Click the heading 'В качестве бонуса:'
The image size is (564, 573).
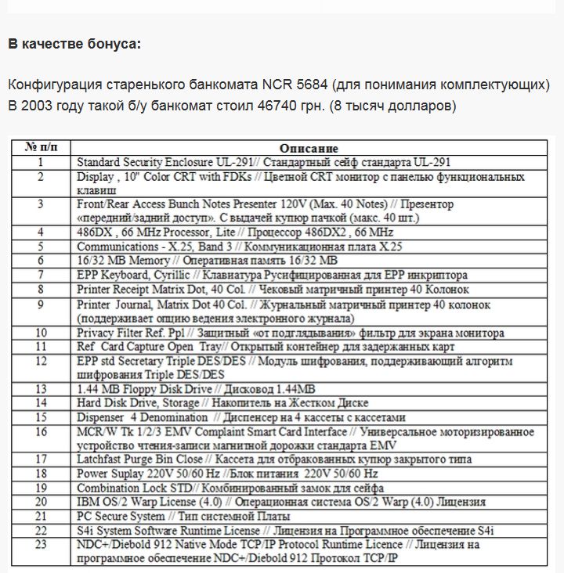(x=74, y=44)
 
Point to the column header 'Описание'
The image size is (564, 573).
(x=308, y=148)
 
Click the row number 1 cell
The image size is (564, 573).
(x=42, y=161)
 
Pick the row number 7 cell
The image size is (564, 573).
(x=42, y=275)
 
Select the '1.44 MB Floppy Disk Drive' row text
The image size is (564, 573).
(x=196, y=389)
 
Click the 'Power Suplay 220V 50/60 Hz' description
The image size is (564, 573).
(x=227, y=474)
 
